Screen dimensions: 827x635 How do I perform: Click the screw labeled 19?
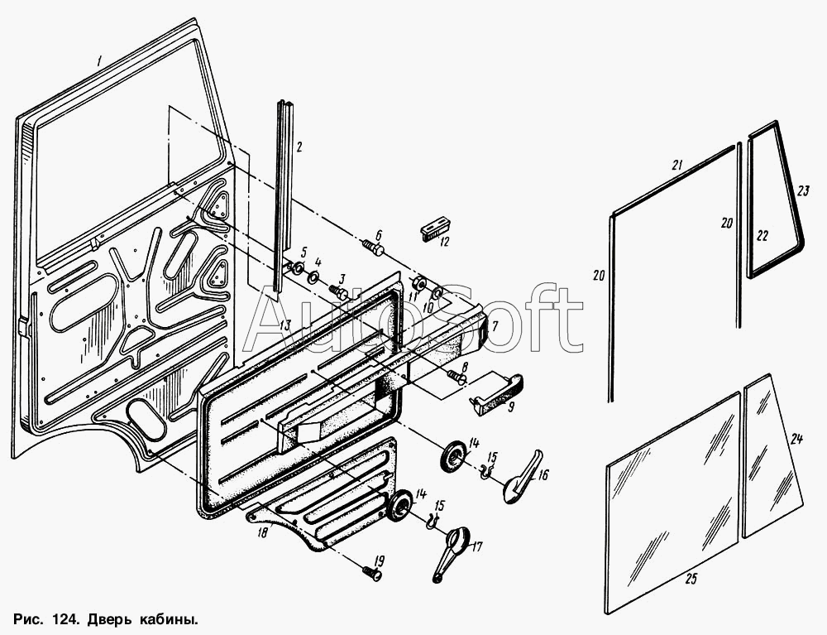tap(372, 572)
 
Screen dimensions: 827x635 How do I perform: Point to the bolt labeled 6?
tap(373, 247)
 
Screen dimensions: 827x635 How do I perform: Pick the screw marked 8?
tap(457, 376)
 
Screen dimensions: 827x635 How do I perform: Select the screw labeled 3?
tap(337, 291)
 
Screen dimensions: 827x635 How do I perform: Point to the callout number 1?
tap(98, 60)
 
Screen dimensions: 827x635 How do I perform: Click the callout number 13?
tap(284, 325)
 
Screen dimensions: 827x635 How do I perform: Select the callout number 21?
tap(678, 166)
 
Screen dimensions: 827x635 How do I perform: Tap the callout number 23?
tap(802, 191)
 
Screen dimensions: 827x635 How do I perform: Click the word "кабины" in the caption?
tap(170, 618)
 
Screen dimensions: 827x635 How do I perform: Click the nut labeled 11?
tap(419, 284)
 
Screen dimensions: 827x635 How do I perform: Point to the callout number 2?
tap(299, 147)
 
